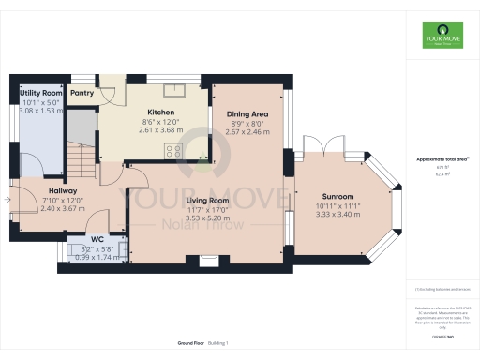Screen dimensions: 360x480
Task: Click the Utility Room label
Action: (x=40, y=94)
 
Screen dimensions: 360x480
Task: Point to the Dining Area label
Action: (x=248, y=113)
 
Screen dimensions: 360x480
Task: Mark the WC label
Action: (x=97, y=239)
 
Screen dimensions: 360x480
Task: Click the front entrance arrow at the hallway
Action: (x=11, y=198)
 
